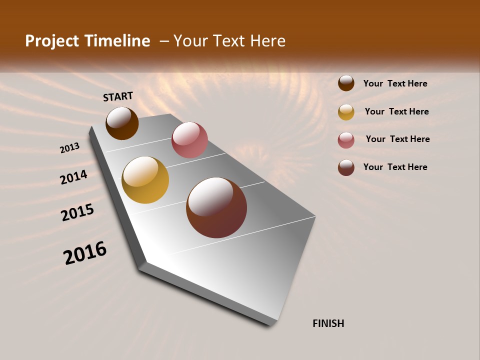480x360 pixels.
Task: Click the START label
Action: pyautogui.click(x=118, y=96)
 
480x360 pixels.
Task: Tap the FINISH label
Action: pyautogui.click(x=328, y=323)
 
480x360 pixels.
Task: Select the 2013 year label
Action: pyautogui.click(x=70, y=148)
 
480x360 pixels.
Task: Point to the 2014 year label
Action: pyautogui.click(x=74, y=177)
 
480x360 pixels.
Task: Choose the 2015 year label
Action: pyautogui.click(x=77, y=212)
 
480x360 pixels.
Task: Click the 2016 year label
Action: pyautogui.click(x=85, y=253)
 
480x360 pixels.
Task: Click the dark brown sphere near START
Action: pyautogui.click(x=122, y=123)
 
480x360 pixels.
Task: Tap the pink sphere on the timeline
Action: pyautogui.click(x=189, y=140)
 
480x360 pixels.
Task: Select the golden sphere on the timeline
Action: pyautogui.click(x=145, y=180)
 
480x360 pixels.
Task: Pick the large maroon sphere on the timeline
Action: pyautogui.click(x=216, y=207)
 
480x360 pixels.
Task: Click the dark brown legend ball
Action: pyautogui.click(x=346, y=83)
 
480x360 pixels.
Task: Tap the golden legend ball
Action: pyautogui.click(x=346, y=112)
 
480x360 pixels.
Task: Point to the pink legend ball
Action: pyautogui.click(x=346, y=140)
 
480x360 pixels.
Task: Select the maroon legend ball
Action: pyautogui.click(x=346, y=167)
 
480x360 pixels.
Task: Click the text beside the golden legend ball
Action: pyautogui.click(x=396, y=111)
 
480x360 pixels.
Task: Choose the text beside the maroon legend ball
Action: pyautogui.click(x=395, y=167)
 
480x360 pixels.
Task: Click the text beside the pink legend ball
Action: pyautogui.click(x=397, y=139)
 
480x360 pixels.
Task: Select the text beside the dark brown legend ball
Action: pyautogui.click(x=395, y=83)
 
